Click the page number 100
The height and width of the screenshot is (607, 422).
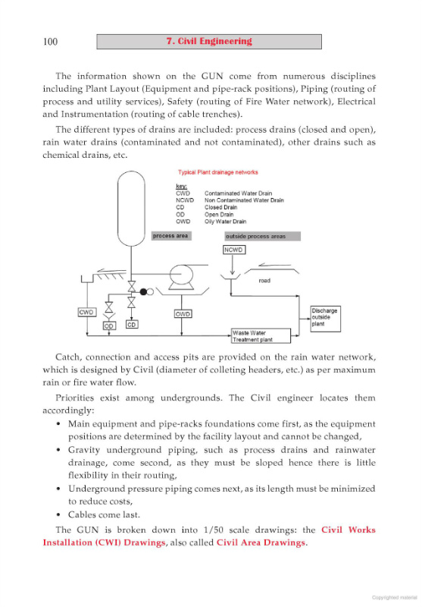point(50,42)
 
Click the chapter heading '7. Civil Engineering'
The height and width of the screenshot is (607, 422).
point(209,42)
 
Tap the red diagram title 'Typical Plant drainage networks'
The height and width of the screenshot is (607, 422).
point(218,172)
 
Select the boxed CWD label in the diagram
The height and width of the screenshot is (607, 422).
point(86,312)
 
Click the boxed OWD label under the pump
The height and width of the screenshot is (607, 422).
point(183,313)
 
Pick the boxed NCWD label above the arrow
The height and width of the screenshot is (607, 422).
point(234,250)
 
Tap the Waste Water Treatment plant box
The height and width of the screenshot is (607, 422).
point(261,336)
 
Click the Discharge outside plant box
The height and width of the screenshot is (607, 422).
point(325,319)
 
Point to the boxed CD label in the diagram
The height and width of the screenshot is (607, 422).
point(132,325)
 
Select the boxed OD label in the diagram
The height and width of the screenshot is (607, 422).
point(109,326)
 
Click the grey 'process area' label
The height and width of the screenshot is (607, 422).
point(170,236)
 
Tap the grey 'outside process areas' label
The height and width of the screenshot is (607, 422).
point(262,236)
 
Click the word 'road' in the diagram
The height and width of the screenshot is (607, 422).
point(264,281)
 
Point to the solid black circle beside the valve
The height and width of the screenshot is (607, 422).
point(143,292)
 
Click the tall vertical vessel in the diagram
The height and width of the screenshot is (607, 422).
point(131,209)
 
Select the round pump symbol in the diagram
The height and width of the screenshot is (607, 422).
point(181,275)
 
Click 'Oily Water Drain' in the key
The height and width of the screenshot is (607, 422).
point(225,222)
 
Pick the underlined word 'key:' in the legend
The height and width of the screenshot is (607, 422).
point(181,187)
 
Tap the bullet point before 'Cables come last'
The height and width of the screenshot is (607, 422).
point(58,515)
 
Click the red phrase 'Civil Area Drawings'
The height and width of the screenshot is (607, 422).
point(261,543)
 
